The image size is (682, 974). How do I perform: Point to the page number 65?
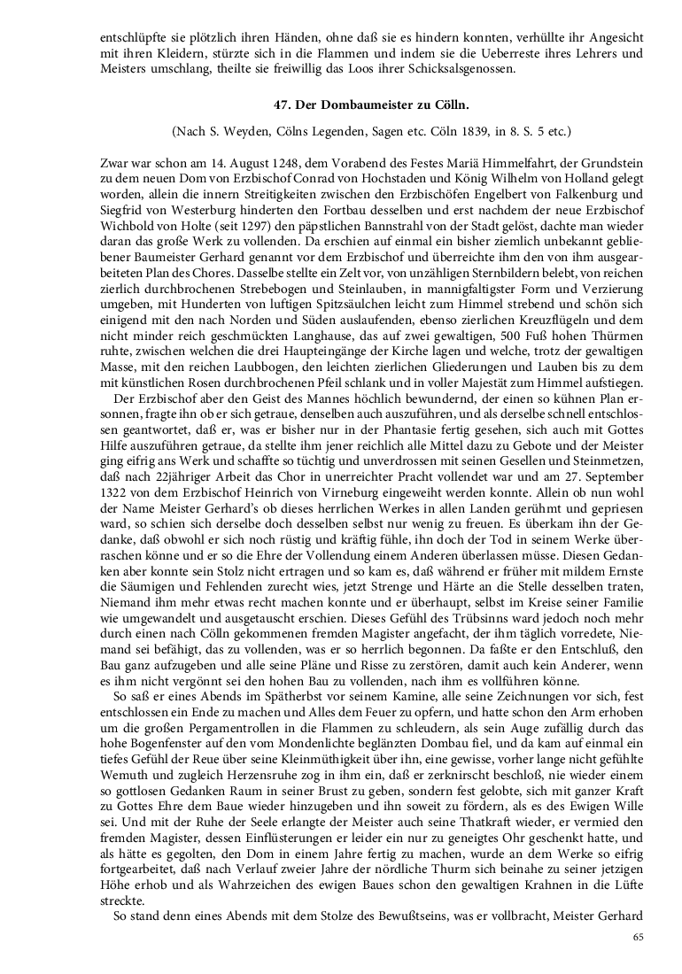click(x=637, y=937)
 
